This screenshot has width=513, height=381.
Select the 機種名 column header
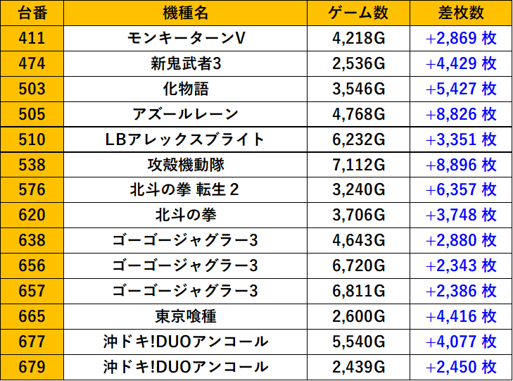pyautogui.click(x=185, y=13)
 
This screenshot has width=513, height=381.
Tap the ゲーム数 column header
pyautogui.click(x=358, y=13)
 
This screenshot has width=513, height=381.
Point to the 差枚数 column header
pyautogui.click(x=461, y=13)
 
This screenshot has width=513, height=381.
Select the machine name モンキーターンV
pyautogui.click(x=185, y=38)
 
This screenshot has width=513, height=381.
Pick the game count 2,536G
pyautogui.click(x=358, y=63)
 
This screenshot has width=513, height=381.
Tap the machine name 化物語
pyautogui.click(x=185, y=89)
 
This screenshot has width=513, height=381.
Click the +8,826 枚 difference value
pyautogui.click(x=461, y=114)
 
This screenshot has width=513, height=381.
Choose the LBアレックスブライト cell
pyautogui.click(x=185, y=139)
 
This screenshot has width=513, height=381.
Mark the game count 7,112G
pyautogui.click(x=358, y=165)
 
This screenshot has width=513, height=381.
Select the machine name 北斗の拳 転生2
pyautogui.click(x=185, y=190)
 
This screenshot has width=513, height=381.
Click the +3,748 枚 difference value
pyautogui.click(x=461, y=216)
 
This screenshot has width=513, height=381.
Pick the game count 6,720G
pyautogui.click(x=358, y=266)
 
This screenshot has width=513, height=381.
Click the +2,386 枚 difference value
pyautogui.click(x=461, y=291)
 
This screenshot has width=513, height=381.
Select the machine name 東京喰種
pyautogui.click(x=185, y=316)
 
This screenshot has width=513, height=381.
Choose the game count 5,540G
pyautogui.click(x=358, y=342)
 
